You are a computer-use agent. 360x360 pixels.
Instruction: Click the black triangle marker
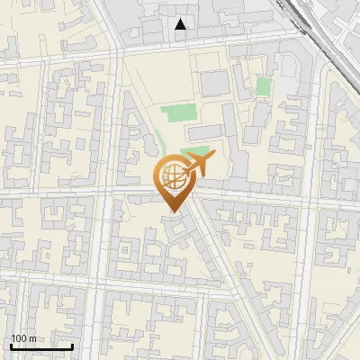pos(182,24)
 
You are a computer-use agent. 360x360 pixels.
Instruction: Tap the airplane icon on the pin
pos(199,165)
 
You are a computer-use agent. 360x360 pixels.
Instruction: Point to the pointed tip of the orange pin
pos(172,212)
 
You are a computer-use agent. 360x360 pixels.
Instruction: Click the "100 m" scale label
pos(23,338)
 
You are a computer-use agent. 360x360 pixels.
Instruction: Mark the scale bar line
pos(41,346)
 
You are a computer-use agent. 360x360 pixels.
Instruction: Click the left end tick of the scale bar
pos(10,346)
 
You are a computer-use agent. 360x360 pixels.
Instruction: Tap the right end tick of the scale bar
pos(73,346)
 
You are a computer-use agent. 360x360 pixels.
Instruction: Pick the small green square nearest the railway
pos(263,86)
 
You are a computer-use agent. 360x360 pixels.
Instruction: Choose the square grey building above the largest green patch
pos(214,83)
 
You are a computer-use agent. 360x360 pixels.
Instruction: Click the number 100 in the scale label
pos(19,338)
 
